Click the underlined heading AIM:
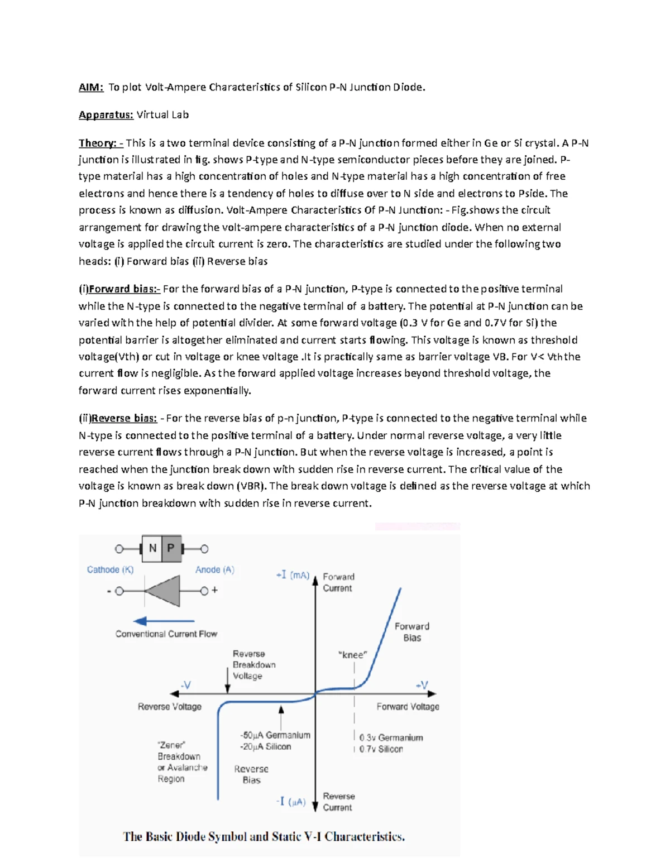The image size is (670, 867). (x=90, y=87)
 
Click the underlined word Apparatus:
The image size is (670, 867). (x=106, y=115)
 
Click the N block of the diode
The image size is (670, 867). (x=152, y=549)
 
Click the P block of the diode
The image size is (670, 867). (x=171, y=549)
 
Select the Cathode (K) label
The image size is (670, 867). (x=110, y=569)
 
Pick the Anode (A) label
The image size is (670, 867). (x=214, y=569)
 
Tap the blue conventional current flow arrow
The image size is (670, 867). (x=164, y=621)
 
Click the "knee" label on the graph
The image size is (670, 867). (x=353, y=655)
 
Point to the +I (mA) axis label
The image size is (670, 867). (x=293, y=575)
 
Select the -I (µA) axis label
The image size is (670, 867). (x=290, y=802)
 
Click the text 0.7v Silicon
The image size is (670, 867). (x=381, y=749)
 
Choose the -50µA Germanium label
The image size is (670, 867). (x=275, y=735)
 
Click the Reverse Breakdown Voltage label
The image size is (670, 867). (x=253, y=664)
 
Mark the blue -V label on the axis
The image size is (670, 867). (x=185, y=685)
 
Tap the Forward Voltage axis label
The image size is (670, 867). (x=408, y=707)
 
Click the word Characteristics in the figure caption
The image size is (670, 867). (x=365, y=836)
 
